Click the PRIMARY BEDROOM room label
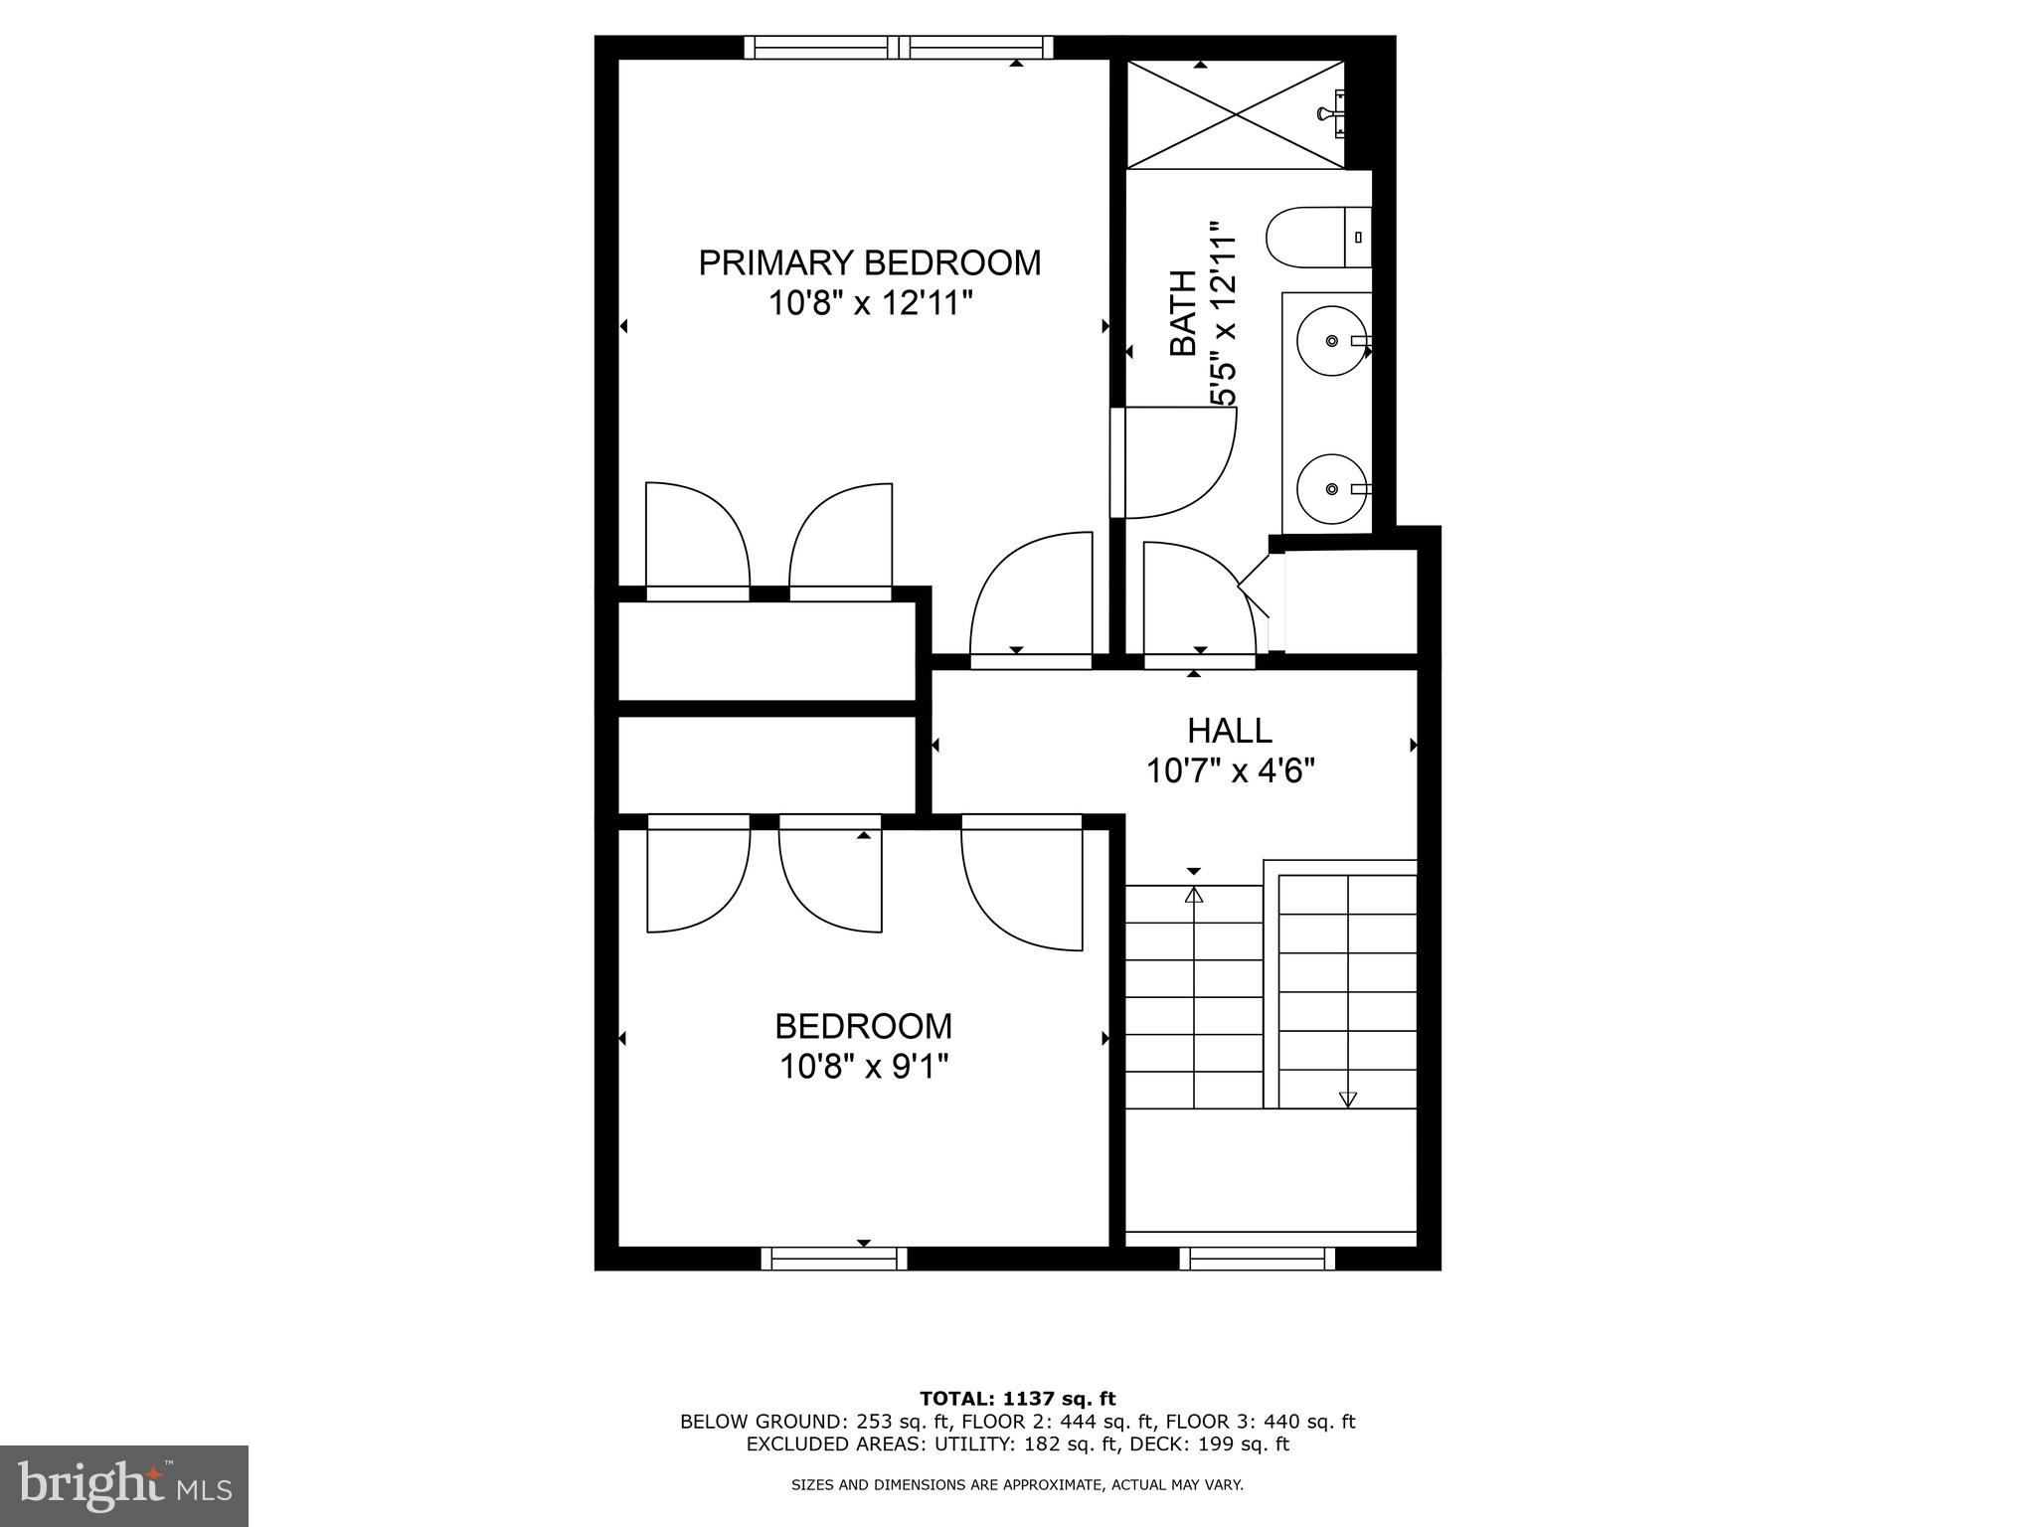[x=869, y=263]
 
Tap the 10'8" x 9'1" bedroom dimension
[x=863, y=1067]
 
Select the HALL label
[x=1229, y=731]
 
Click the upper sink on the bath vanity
[x=1331, y=341]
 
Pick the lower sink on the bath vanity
[x=1331, y=488]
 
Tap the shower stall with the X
[x=1236, y=114]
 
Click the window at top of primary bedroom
[x=899, y=47]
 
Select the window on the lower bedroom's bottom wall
[x=834, y=1259]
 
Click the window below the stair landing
[x=1257, y=1259]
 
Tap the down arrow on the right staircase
[x=1347, y=1099]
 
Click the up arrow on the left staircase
[x=1194, y=896]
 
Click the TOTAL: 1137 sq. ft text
[x=1017, y=1399]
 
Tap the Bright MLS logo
[x=124, y=1486]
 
